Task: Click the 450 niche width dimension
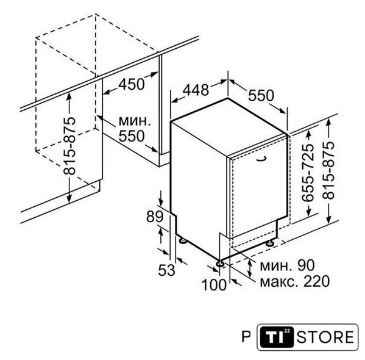pyautogui.click(x=132, y=84)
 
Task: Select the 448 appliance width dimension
pyautogui.click(x=196, y=90)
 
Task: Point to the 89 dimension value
pyautogui.click(x=155, y=217)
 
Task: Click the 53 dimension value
pyautogui.click(x=167, y=270)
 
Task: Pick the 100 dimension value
pyautogui.click(x=214, y=285)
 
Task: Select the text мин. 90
pyautogui.click(x=287, y=265)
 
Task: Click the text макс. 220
pyautogui.click(x=294, y=281)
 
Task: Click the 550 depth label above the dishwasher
pyautogui.click(x=261, y=95)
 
